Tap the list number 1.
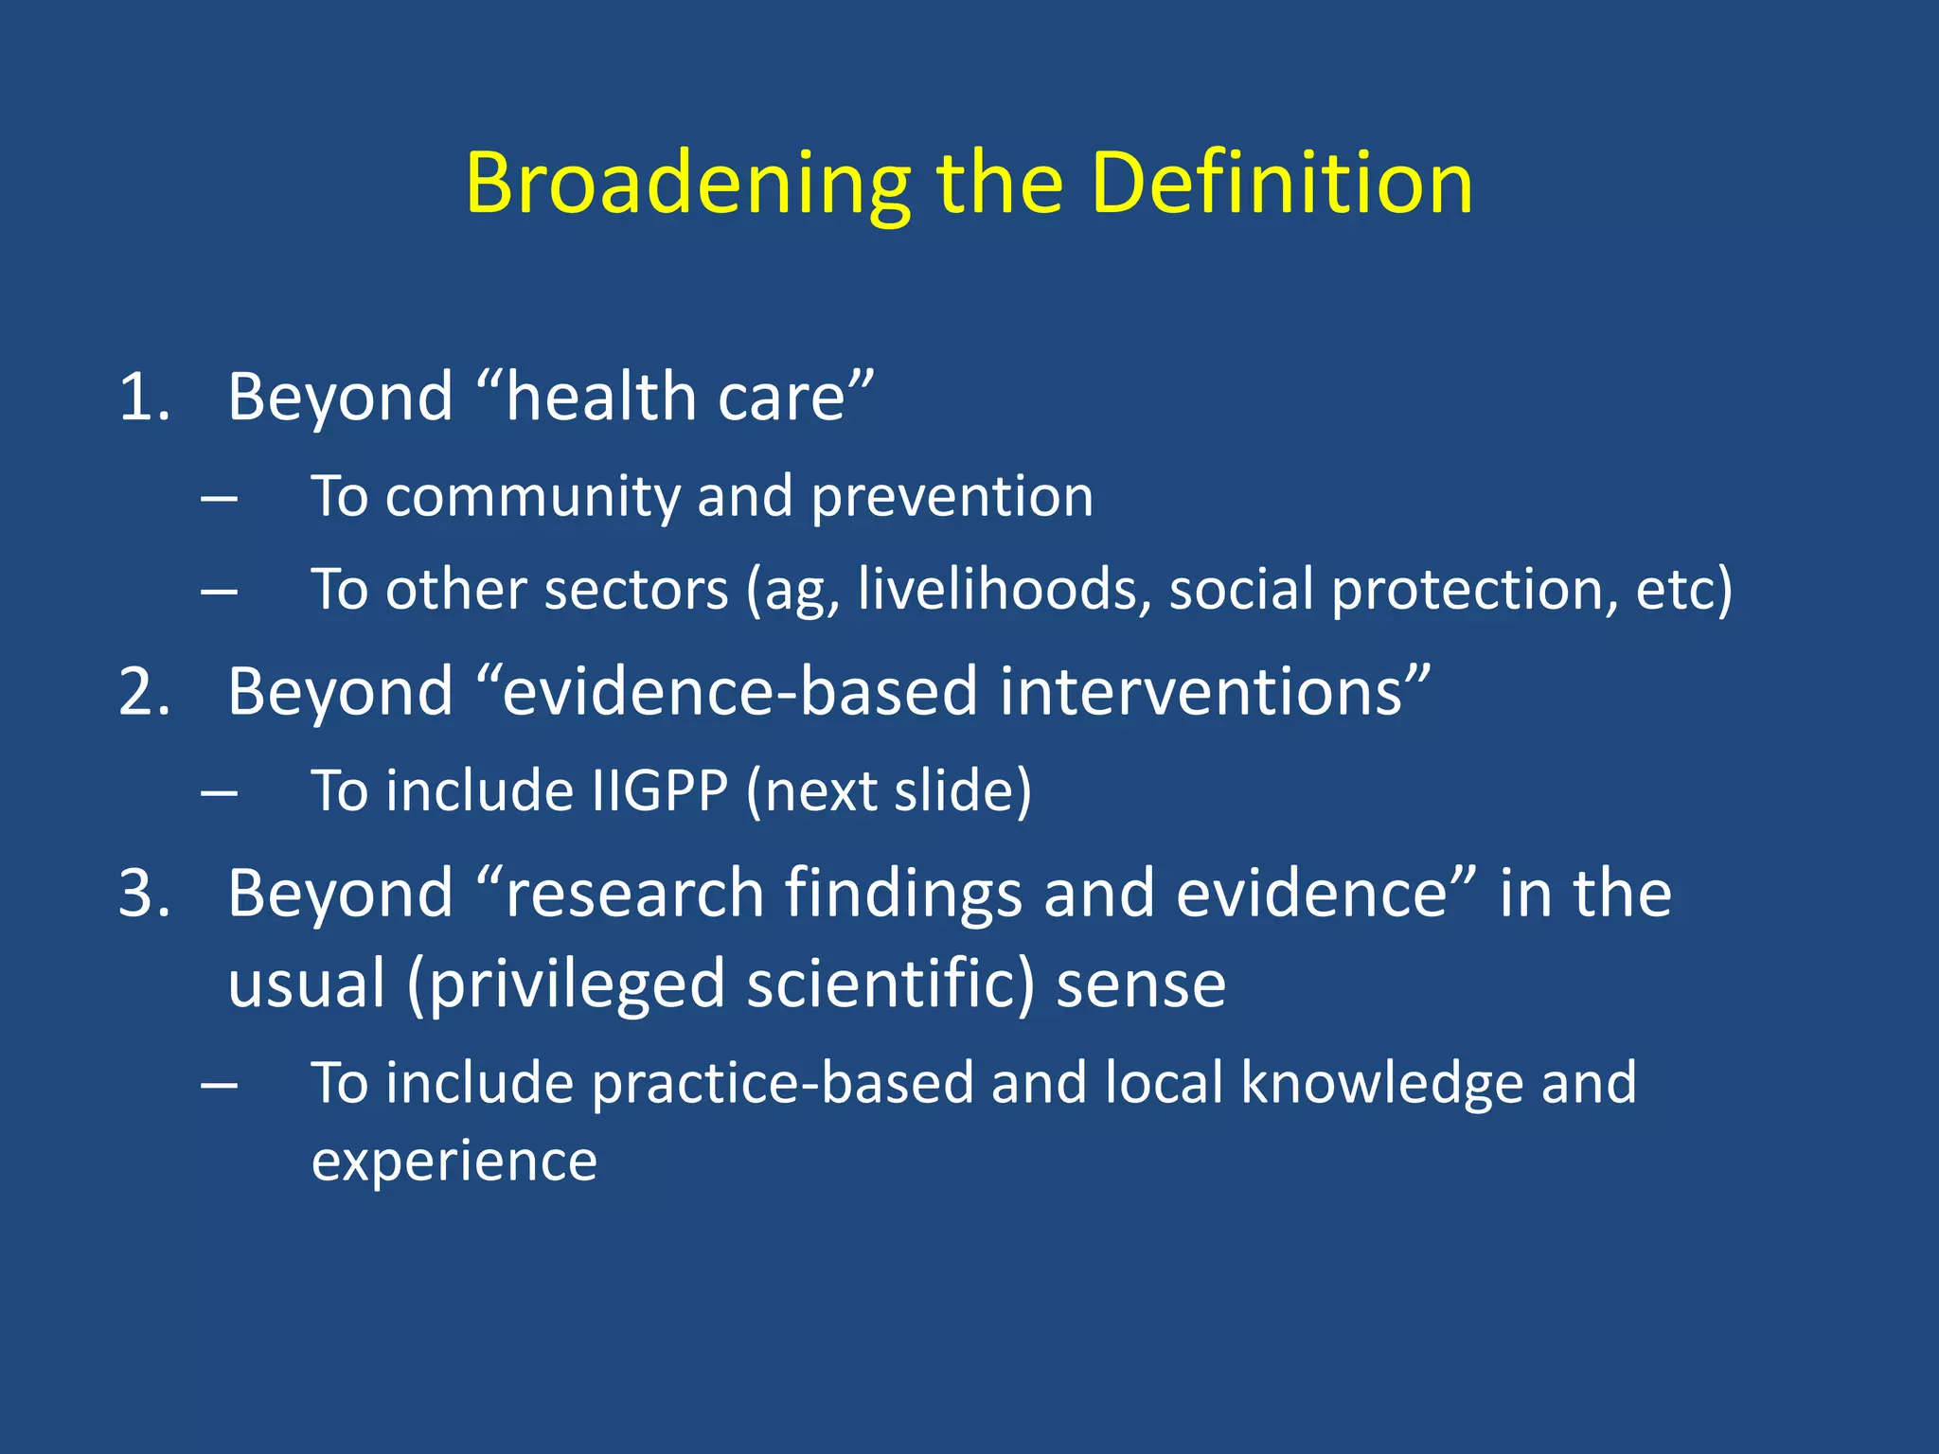pyautogui.click(x=144, y=397)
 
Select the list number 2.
pyautogui.click(x=144, y=692)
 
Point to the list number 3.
pyautogui.click(x=144, y=894)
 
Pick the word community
pyautogui.click(x=531, y=497)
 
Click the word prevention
pyautogui.click(x=952, y=497)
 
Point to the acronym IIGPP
pyautogui.click(x=660, y=791)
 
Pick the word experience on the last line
pyautogui.click(x=454, y=1161)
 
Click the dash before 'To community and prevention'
pyautogui.click(x=219, y=498)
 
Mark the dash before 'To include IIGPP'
pyautogui.click(x=219, y=792)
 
